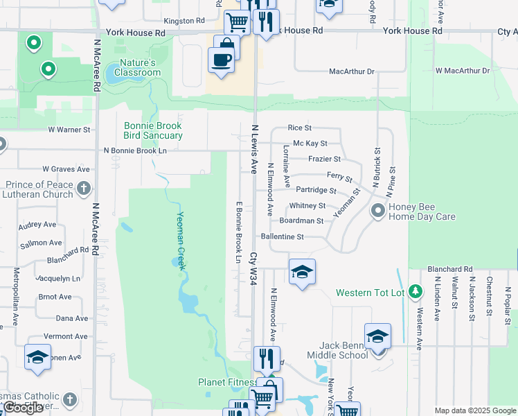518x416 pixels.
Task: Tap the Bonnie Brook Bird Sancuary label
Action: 153,130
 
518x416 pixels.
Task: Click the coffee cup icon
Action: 221,60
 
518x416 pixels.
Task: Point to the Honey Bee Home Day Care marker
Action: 378,210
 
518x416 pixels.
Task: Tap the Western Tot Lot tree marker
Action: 415,291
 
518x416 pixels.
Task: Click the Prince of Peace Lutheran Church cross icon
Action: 83,189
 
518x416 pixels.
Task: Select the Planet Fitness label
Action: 226,382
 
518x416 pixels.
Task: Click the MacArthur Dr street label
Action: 351,71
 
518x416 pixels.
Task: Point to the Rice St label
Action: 300,128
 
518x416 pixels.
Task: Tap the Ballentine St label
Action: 282,236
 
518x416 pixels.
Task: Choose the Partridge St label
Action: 316,190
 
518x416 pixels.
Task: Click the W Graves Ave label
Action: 66,168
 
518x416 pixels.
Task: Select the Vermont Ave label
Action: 71,336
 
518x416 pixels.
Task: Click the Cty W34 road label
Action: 253,268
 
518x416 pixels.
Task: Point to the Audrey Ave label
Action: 37,225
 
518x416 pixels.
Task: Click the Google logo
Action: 23,408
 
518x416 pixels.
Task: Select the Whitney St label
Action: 307,206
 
